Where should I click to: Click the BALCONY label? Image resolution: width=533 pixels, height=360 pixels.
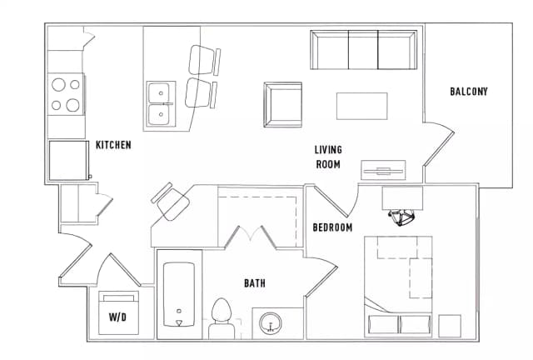coord(468,92)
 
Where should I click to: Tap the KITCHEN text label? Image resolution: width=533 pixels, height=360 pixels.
coord(113,145)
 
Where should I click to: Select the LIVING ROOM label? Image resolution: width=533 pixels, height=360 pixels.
coord(328,157)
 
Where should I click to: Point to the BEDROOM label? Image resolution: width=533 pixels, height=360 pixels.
coord(332,227)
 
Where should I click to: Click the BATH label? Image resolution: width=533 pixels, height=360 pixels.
coord(255,283)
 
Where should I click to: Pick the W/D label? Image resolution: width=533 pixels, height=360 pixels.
coord(118,317)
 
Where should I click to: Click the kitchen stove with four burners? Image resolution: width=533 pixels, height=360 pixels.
coord(67,94)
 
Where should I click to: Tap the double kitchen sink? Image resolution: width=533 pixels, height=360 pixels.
coord(159,102)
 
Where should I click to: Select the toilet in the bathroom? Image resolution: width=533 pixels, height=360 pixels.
coord(222,317)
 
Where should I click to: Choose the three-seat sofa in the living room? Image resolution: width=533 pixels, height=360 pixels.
coord(363,50)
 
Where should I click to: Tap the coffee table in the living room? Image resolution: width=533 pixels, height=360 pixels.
coord(361,106)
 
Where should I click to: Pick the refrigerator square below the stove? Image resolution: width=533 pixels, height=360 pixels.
coord(67,160)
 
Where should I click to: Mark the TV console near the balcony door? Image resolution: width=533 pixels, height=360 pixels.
coord(384,171)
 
